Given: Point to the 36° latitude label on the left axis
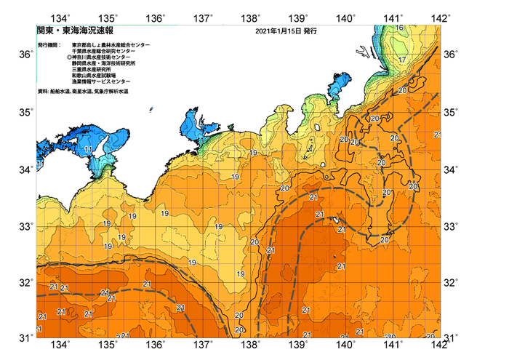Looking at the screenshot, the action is [x=25, y=55].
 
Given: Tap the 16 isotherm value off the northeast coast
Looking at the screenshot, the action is [x=400, y=28].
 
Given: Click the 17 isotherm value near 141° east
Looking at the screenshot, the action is [x=402, y=59].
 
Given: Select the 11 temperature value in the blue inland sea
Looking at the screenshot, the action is [x=88, y=150].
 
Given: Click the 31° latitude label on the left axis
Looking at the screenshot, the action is [x=25, y=337].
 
